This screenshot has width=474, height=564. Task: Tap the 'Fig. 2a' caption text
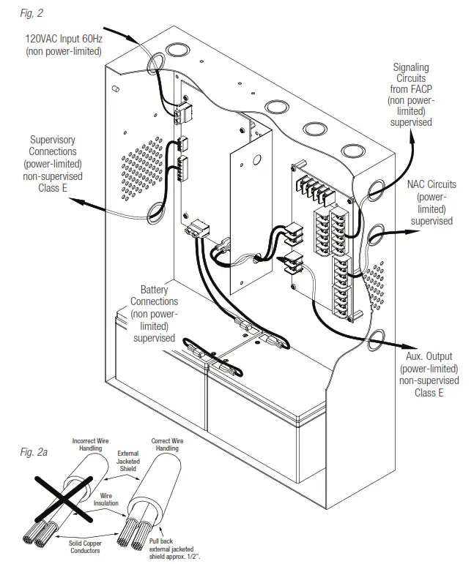point(33,452)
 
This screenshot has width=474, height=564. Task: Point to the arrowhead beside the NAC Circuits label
point(407,233)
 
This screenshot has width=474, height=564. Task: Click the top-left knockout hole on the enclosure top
point(177,50)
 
